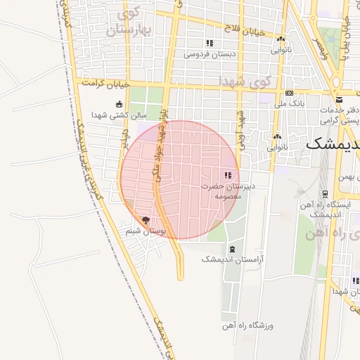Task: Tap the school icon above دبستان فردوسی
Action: [210, 44]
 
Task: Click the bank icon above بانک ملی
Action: [289, 94]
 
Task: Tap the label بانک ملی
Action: [290, 104]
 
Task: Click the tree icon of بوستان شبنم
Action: [146, 220]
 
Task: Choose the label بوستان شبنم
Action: [138, 231]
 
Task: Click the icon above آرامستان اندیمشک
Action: [233, 249]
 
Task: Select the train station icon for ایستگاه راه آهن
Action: [325, 194]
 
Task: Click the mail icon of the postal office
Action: [340, 100]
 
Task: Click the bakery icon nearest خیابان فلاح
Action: [281, 40]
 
